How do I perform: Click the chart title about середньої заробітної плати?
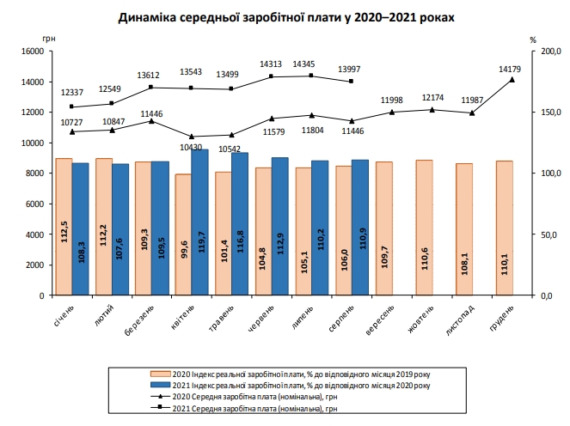pos(284,16)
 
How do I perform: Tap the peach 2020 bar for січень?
pos(64,228)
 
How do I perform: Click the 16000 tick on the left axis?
pos(31,52)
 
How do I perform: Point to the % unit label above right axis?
pos(533,39)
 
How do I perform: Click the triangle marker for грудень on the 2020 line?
pos(512,80)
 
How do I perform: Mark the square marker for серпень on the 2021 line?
pos(352,82)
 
